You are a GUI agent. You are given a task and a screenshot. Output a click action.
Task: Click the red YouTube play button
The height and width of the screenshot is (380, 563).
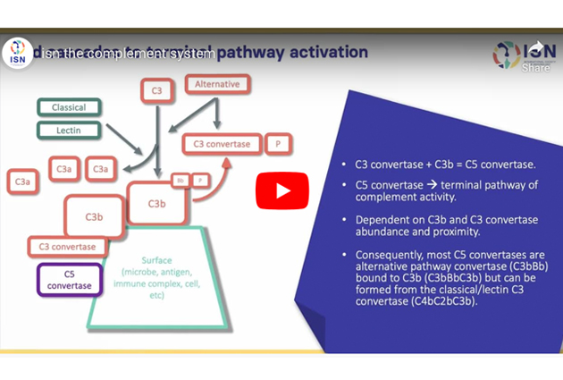(x=282, y=190)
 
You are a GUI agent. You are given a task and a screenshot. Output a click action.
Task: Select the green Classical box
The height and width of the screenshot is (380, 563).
(x=69, y=107)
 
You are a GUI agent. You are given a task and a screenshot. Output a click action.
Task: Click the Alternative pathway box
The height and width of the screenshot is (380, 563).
(x=217, y=85)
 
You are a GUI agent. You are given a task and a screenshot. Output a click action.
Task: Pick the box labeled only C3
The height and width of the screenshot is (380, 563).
(x=156, y=89)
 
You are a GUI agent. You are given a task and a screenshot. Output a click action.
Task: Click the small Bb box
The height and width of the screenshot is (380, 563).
(x=180, y=180)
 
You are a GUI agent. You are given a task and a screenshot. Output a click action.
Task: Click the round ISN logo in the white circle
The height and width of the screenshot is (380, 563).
(x=20, y=53)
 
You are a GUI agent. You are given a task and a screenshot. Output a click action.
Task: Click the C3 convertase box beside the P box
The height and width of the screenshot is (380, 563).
(x=223, y=144)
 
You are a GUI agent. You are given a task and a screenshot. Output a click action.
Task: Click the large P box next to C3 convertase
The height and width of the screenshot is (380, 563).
(x=278, y=144)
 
